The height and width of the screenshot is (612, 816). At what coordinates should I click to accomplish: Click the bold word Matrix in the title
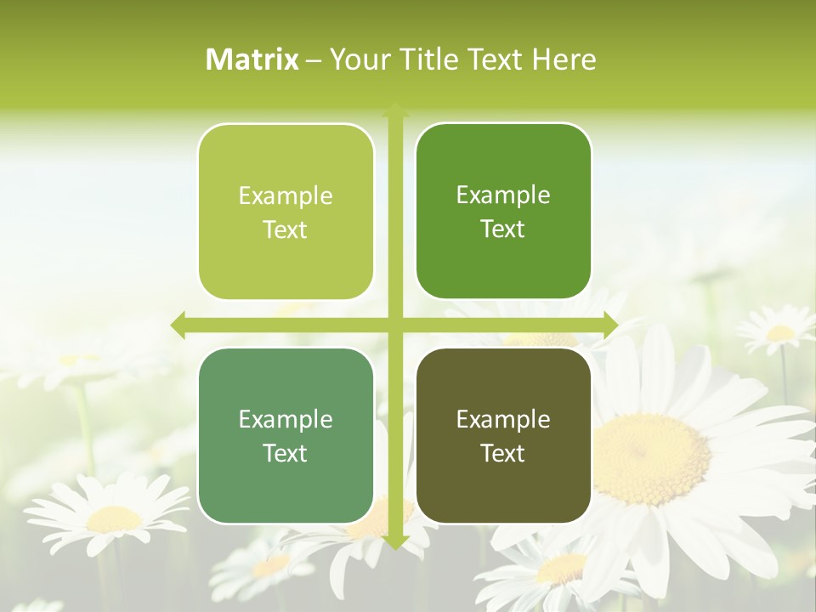tap(252, 59)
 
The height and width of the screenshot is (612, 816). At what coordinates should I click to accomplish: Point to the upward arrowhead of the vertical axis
tap(394, 110)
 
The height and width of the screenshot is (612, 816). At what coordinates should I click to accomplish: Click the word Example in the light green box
tap(286, 196)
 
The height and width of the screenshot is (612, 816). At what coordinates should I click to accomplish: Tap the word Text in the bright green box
tap(503, 229)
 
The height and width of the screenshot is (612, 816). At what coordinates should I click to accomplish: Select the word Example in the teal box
tap(286, 420)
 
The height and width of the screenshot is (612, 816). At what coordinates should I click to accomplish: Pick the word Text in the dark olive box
tap(503, 453)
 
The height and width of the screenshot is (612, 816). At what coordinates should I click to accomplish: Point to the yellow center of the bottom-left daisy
tap(114, 518)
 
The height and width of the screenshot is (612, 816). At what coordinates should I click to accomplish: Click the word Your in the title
tap(354, 59)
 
